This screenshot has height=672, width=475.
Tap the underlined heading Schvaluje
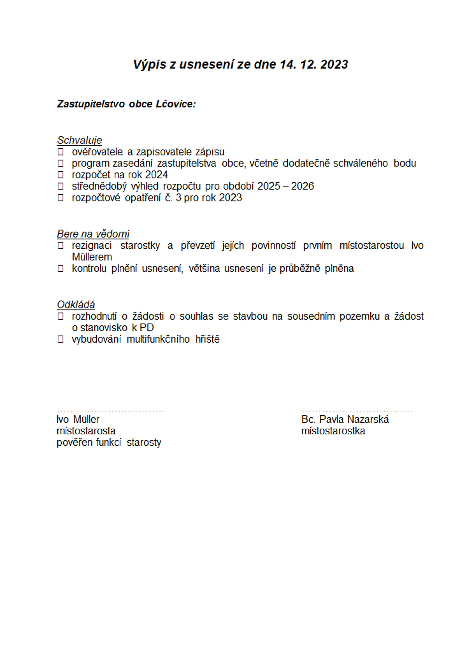[x=79, y=140]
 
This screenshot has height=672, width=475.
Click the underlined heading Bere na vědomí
[x=93, y=234]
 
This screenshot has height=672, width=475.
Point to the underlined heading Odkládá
[x=76, y=305]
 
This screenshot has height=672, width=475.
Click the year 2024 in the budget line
[x=156, y=175]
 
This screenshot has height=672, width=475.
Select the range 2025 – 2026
[x=285, y=186]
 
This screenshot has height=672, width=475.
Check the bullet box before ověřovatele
[x=61, y=152]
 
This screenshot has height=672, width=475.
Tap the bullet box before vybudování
[x=61, y=339]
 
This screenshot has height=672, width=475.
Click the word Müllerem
[x=92, y=257]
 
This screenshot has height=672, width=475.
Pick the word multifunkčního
[x=158, y=339]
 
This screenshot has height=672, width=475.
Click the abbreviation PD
[x=147, y=328]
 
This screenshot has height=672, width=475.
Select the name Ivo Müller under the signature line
[x=78, y=419]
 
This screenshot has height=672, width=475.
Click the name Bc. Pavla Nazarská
[x=345, y=419]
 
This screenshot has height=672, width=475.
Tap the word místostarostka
[x=333, y=431]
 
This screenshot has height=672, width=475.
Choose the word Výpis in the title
[x=150, y=64]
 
